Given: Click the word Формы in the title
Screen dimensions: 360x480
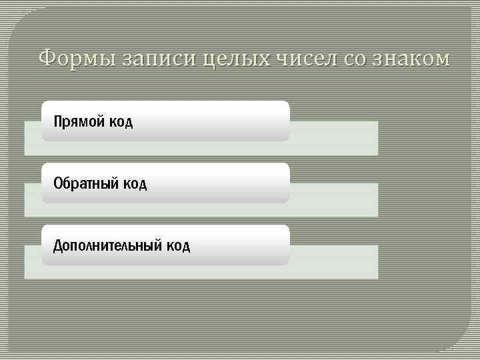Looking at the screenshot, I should tap(77, 59).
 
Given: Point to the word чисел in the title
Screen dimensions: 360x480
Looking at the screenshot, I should tap(307, 59).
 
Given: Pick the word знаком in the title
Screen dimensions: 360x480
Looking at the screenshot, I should tap(412, 59).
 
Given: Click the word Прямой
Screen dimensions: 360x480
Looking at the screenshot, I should tap(75, 122).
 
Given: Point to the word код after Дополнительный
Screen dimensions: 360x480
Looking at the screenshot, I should tap(176, 246).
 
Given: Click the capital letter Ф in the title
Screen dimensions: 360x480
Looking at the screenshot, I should tap(47, 59).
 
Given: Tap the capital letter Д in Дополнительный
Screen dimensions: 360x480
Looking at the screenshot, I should tap(58, 246).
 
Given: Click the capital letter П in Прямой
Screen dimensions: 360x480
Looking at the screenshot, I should tap(58, 121).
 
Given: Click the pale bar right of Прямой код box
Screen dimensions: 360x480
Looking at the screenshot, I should tap(333, 137).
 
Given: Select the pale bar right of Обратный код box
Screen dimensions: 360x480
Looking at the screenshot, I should tap(333, 199).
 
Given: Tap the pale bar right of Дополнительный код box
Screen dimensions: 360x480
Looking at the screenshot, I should tap(333, 261).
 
